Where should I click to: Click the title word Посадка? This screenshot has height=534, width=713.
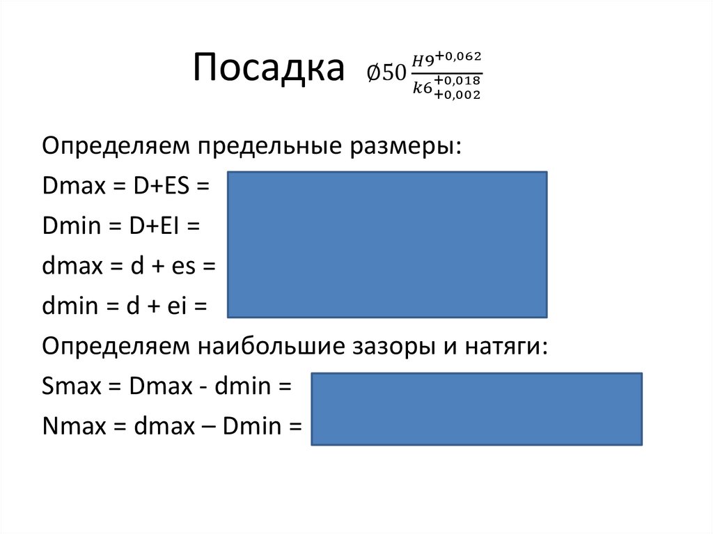click(269, 70)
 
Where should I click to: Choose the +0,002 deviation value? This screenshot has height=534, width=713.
click(457, 95)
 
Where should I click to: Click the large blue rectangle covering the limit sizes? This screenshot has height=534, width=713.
click(387, 244)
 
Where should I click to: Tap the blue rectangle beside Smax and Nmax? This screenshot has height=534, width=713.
click(476, 409)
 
